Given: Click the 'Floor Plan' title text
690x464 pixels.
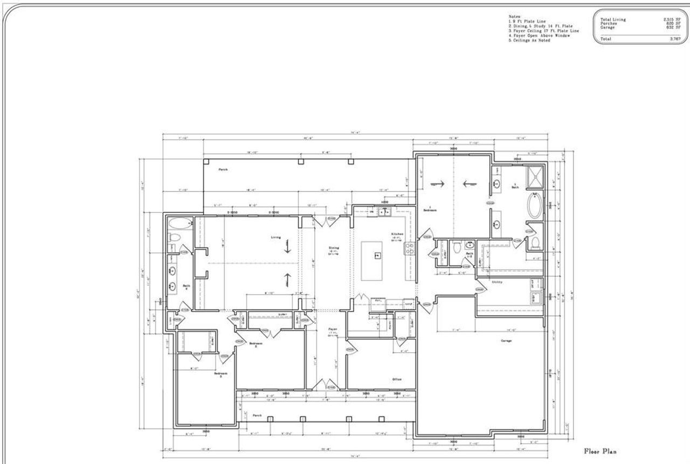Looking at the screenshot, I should click(x=600, y=451).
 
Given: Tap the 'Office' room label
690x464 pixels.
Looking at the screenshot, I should click(x=397, y=379).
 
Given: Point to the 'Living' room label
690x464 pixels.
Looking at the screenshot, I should click(x=276, y=237).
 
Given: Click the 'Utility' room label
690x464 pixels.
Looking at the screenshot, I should click(x=496, y=282).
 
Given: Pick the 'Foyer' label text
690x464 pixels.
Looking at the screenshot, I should click(x=333, y=329).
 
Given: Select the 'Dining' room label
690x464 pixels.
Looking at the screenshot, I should click(x=334, y=248).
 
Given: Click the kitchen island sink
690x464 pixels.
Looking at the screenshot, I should click(x=377, y=255).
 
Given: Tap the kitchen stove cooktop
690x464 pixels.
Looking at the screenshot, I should click(x=410, y=249).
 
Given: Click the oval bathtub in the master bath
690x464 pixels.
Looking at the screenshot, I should click(x=534, y=206).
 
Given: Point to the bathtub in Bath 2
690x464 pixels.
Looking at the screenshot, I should click(x=180, y=223).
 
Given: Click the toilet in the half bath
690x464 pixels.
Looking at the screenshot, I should click(x=457, y=248).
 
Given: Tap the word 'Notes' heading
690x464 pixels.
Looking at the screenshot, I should click(x=514, y=17).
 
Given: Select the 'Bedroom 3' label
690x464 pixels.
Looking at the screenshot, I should click(x=221, y=374).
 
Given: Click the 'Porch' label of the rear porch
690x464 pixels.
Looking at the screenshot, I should click(x=223, y=169).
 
